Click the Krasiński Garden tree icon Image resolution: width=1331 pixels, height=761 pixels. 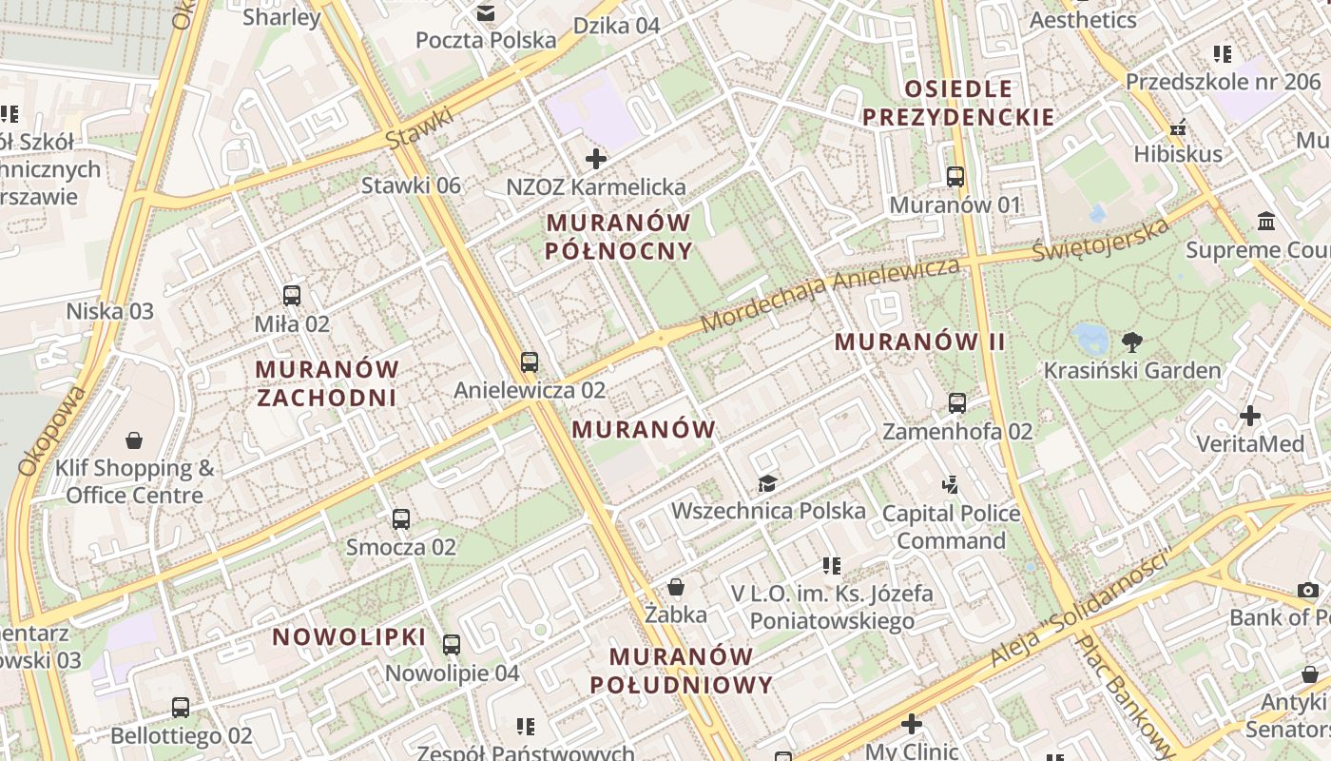[1131, 341]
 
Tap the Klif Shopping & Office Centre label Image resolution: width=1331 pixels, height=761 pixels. [134, 481]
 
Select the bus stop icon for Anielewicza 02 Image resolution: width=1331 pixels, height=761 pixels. [529, 362]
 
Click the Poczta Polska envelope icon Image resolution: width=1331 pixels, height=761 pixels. [486, 13]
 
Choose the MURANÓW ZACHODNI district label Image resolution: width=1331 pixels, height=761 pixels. [327, 382]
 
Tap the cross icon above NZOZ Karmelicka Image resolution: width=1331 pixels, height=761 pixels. [596, 159]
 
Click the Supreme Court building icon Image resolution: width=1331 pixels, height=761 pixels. [1266, 222]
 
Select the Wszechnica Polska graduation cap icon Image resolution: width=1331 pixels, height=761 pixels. [767, 484]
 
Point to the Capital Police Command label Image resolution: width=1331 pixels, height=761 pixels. [951, 527]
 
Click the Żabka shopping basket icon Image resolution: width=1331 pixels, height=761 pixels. [676, 587]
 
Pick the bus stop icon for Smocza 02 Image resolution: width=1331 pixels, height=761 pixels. [401, 519]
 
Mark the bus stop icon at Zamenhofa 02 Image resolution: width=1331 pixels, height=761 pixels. [956, 403]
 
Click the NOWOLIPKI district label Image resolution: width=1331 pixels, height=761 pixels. [349, 636]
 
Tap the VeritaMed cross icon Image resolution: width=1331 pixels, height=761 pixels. [1250, 416]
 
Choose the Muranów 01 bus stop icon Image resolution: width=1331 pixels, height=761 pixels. [955, 177]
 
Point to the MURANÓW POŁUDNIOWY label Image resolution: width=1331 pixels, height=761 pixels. [681, 670]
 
